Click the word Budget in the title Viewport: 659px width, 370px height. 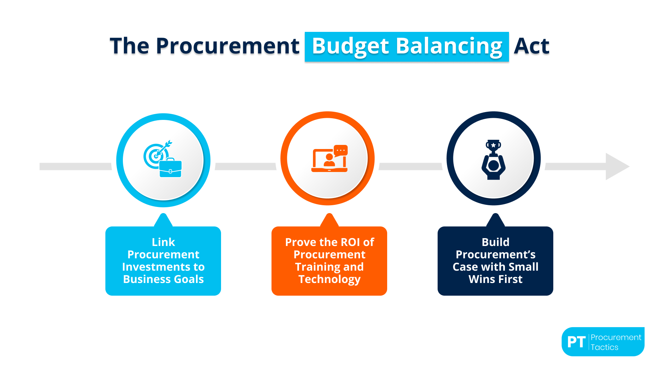pos(350,46)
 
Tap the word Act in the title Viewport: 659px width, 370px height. pos(531,46)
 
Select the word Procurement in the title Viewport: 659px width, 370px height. pos(228,46)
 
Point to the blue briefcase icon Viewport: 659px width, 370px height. pos(170,168)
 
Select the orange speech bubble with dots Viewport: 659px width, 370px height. pos(341,151)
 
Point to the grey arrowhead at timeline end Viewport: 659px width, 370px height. pos(616,166)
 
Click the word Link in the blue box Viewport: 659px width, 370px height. pos(163,242)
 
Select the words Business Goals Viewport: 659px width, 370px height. pos(163,279)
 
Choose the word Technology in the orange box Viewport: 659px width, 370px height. pos(329,279)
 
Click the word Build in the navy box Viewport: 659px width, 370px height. pos(495,242)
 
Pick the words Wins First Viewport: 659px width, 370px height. pos(495,279)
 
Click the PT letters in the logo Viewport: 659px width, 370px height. pos(576,342)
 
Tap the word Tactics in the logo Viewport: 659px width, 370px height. pos(604,347)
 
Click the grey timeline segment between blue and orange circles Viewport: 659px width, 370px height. pos(245,166)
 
